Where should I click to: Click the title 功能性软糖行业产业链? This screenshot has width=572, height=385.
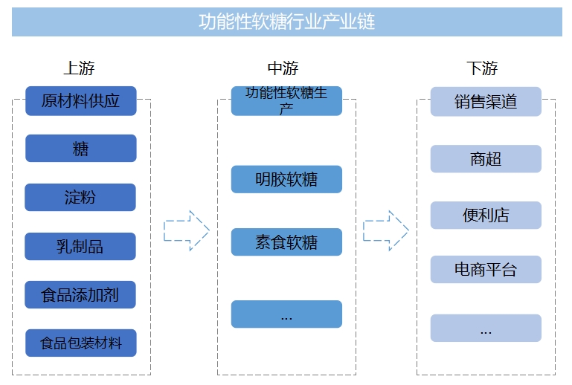coord(286,22)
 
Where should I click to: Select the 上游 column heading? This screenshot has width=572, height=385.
coord(79,68)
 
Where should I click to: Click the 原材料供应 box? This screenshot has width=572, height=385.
coord(80,101)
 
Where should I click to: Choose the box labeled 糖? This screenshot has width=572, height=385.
coord(80,149)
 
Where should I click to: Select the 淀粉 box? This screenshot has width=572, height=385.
coord(80,198)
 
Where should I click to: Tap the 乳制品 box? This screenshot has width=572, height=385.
coord(80,247)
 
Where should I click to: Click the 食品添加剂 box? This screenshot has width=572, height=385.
coord(80,295)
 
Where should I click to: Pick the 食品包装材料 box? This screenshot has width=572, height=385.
coord(80,343)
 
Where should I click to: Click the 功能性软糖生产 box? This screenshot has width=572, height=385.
coord(286,101)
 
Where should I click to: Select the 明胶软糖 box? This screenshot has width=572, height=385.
coord(286,179)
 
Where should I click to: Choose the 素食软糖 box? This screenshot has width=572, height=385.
coord(286,242)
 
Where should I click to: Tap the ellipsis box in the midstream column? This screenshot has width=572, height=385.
coord(286,314)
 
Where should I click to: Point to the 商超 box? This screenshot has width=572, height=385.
coord(486,159)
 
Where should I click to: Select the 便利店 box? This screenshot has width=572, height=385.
coord(486,216)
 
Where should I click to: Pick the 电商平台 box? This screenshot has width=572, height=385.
coord(486,269)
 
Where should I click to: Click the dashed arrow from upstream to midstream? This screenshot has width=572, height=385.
coord(186,230)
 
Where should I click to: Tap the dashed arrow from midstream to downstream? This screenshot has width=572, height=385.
coord(385,230)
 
